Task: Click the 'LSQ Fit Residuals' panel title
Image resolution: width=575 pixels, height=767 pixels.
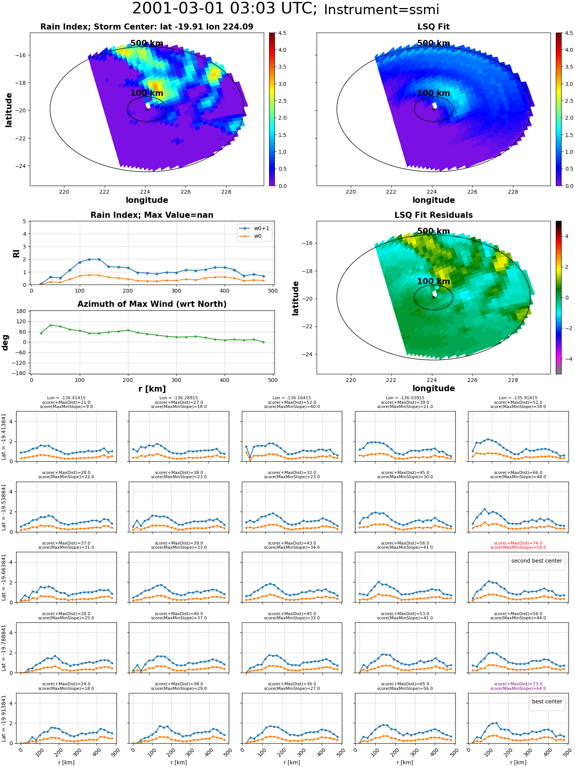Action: coord(434,215)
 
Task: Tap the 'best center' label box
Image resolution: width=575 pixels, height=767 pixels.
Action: coord(547,701)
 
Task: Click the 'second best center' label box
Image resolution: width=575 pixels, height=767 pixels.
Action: coord(537,561)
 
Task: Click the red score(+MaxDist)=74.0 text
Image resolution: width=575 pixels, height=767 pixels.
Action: coord(518,543)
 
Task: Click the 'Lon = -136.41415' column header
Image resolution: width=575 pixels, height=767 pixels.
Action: coord(66,398)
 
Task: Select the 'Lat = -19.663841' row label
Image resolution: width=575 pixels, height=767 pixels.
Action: coord(4,577)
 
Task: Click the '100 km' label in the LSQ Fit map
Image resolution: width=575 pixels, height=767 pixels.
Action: coord(434,93)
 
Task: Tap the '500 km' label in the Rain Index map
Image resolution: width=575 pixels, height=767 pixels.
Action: coord(147,43)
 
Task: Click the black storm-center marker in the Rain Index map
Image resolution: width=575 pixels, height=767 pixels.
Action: coord(147,109)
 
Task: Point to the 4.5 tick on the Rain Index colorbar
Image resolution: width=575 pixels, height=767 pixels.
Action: coord(282,33)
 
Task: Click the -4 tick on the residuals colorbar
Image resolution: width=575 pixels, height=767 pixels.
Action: coord(567,359)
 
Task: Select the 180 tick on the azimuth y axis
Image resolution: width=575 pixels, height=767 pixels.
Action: coord(21,311)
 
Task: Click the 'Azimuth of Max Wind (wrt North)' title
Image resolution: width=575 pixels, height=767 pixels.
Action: coord(152,304)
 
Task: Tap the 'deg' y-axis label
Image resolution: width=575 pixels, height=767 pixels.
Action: coord(5,342)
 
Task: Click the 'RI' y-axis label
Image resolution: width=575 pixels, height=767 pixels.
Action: coord(16,253)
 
